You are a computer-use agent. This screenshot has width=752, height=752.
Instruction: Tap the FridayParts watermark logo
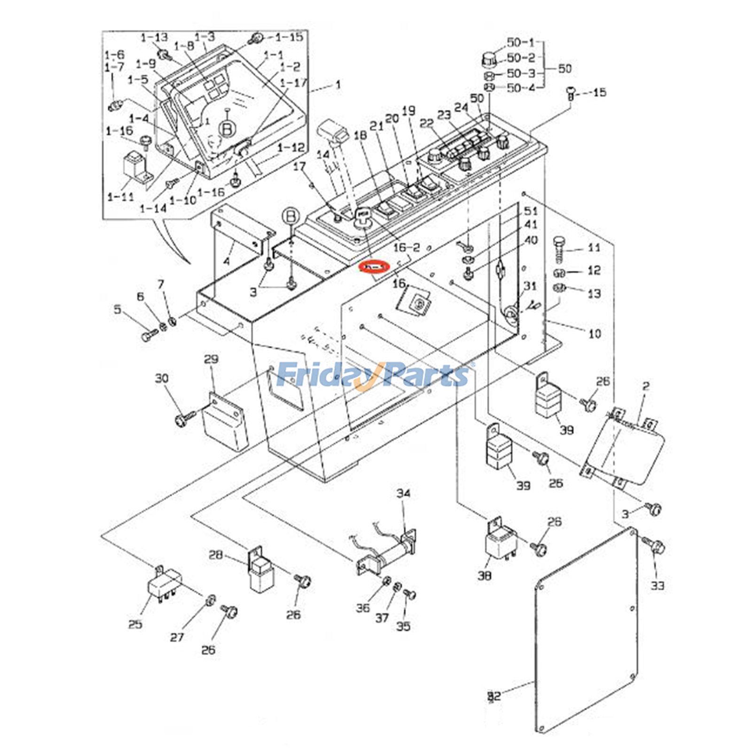pyautogui.click(x=374, y=375)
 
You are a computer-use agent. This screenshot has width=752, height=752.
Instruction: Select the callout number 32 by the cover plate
pyautogui.click(x=494, y=696)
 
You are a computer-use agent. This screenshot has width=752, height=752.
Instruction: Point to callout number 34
pyautogui.click(x=403, y=493)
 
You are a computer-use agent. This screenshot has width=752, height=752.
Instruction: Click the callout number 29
pyautogui.click(x=211, y=360)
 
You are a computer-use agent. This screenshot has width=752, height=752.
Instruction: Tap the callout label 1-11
pyautogui.click(x=120, y=196)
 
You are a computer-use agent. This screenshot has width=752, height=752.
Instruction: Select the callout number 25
pyautogui.click(x=135, y=624)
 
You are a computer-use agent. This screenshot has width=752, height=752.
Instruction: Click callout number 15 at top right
pyautogui.click(x=599, y=93)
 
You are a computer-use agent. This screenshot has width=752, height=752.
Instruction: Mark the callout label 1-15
pyautogui.click(x=289, y=37)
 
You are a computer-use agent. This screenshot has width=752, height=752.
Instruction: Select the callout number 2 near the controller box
pyautogui.click(x=646, y=386)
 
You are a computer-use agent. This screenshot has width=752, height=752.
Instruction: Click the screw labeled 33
pyautogui.click(x=655, y=546)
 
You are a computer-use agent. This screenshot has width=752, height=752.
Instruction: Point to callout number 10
pyautogui.click(x=595, y=334)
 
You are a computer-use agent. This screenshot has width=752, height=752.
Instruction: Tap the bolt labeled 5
pyautogui.click(x=149, y=335)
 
